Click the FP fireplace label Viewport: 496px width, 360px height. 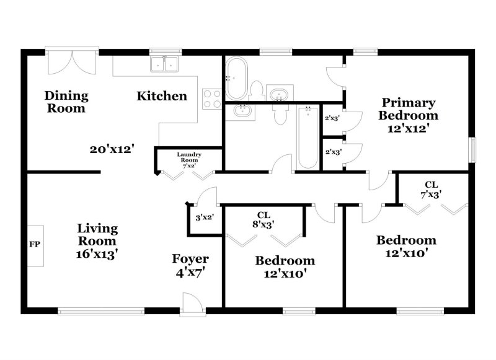pos(35,245)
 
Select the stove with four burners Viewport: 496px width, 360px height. pos(212,99)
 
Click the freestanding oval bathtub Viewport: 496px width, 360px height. pos(236,78)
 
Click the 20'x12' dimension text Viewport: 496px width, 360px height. pos(112,149)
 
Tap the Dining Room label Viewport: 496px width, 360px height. pos(66,102)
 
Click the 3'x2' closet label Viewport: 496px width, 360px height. pos(205,217)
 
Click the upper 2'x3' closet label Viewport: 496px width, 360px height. pos(332,118)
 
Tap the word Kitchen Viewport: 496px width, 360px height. pos(162,96)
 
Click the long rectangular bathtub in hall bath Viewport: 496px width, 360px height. pos(308,138)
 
